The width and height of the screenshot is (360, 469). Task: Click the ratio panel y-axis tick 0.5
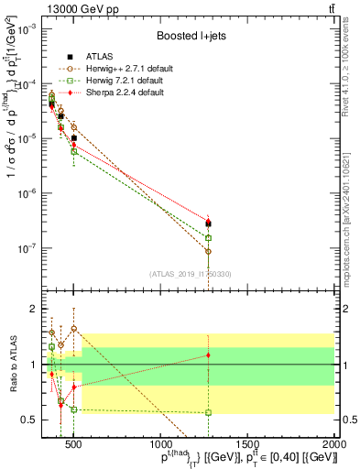(x=29, y=420)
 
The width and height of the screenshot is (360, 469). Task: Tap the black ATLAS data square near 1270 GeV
(x=209, y=223)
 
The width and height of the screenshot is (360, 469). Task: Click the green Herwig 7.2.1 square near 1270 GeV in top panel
(x=209, y=237)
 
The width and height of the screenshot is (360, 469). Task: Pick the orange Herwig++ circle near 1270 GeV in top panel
(x=209, y=251)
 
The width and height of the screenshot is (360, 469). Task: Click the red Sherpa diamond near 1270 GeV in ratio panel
(x=209, y=354)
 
